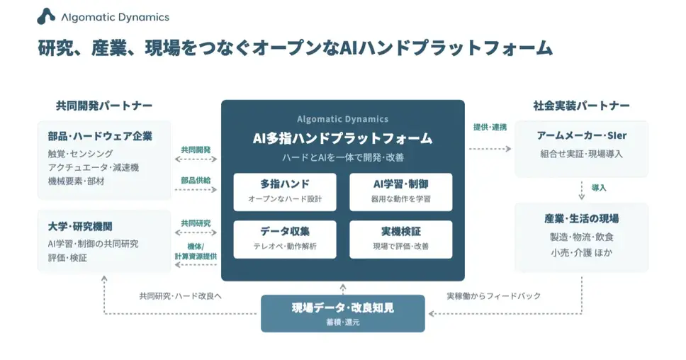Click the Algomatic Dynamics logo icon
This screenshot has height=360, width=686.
pos(46,16)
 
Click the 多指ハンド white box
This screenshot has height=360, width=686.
pos(285,192)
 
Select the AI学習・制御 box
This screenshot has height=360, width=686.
pos(400,192)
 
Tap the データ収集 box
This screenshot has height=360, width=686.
pos(285,240)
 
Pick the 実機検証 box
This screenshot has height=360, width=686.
pos(400,240)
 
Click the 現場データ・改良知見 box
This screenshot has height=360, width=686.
pos(343,314)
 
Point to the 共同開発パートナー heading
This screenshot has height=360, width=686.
pos(104,106)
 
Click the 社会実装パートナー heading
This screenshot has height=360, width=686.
pos(581,106)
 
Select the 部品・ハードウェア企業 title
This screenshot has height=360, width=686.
pos(100,136)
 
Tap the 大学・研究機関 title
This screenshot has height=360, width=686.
pos(80,227)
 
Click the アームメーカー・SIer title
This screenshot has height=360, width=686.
pos(581,135)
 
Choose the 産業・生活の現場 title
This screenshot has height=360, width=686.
pos(581,219)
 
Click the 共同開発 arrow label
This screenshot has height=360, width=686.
pos(196,150)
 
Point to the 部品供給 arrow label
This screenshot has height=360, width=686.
pos(196,180)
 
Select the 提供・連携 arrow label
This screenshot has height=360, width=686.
pos(490,128)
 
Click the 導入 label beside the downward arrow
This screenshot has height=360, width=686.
pos(599,188)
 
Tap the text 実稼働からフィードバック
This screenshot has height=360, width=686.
pos(493,296)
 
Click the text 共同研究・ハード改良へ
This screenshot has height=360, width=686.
pos(180,296)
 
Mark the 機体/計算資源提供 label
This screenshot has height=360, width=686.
pos(196,252)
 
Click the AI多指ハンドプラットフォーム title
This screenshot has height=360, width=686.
pos(342,138)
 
